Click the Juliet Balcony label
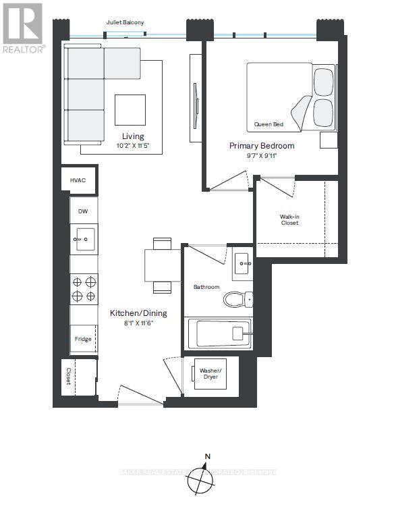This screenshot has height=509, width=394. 125,23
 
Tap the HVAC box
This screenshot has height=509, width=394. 80,181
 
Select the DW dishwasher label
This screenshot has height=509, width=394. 83,211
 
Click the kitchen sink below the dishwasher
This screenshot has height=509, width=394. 85,239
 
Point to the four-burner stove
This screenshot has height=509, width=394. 84,289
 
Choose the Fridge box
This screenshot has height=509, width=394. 83,339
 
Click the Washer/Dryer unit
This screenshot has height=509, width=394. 209,374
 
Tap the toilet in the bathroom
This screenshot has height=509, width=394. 238,298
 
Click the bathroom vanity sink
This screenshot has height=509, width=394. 242,263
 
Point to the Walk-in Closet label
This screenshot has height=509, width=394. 289,219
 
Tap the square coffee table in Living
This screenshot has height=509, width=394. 130,109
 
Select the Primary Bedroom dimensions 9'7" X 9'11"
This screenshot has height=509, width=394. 262,156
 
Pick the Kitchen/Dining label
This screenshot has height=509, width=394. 138,313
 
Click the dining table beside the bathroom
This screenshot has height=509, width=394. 162,265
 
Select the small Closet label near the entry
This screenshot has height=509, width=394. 68,377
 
